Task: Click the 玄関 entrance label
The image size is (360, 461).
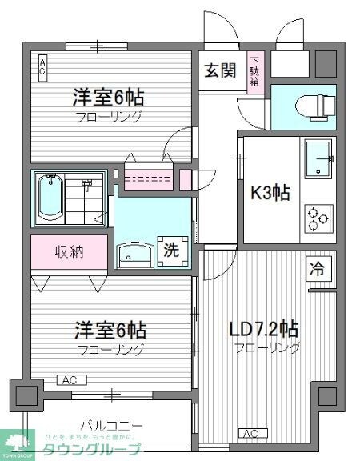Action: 219,70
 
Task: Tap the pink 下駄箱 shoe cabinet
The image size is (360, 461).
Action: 255,71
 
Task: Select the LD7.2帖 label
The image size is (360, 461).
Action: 265,329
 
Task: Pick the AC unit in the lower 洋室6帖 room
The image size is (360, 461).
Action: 68,380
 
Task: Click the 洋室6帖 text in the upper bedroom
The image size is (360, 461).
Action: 110,98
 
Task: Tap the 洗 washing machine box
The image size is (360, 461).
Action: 173,249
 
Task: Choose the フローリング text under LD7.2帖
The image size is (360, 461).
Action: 267,348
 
